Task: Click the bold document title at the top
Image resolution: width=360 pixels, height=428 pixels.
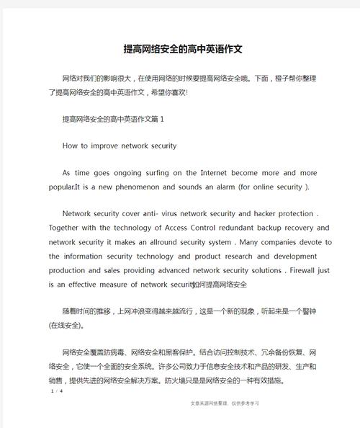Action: click(183, 49)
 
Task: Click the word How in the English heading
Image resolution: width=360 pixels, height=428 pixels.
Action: click(71, 146)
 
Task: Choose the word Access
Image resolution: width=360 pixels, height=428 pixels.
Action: click(174, 228)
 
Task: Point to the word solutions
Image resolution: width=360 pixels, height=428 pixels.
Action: click(260, 269)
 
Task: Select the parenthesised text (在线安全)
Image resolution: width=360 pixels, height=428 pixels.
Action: click(66, 325)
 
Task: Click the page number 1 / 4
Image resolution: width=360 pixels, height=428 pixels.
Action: click(57, 391)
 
